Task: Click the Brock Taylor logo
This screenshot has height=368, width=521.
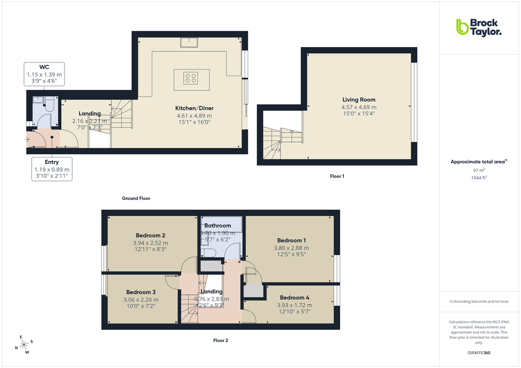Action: pos(479,27)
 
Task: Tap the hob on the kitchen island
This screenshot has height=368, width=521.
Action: pos(191,79)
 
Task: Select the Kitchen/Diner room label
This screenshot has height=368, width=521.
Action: pos(194,108)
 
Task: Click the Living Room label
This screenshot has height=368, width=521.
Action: pos(359,100)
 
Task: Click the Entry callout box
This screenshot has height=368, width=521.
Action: pos(52,169)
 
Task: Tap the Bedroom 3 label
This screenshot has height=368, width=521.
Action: pos(141,292)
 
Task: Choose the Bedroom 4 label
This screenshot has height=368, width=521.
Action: pos(294,297)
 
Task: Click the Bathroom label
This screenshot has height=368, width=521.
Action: pos(218,225)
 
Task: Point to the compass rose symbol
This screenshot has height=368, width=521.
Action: pos(24,344)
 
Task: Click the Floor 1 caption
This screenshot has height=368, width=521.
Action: pos(337,176)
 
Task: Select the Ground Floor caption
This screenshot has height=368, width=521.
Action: pos(136,198)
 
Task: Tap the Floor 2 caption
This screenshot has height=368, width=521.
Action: pos(221,340)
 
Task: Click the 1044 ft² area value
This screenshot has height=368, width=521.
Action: pos(479,177)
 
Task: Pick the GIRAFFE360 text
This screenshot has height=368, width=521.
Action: pos(479,353)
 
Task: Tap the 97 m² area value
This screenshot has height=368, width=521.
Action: pos(479,170)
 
